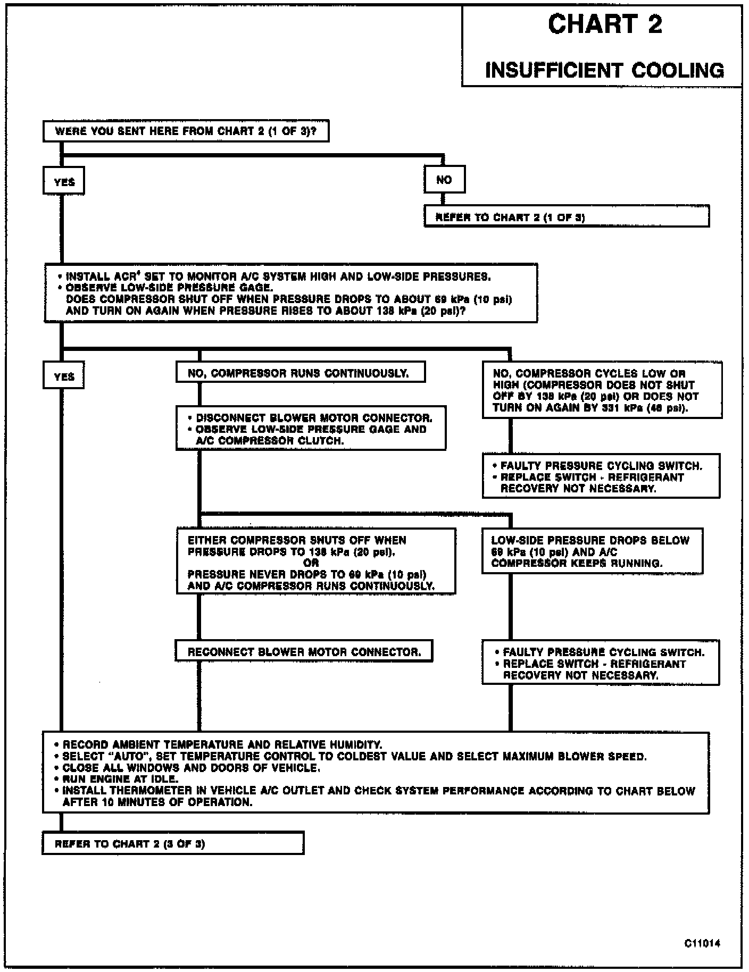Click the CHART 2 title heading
point(605,24)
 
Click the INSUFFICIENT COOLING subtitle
point(604,70)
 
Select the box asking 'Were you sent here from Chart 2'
point(186,131)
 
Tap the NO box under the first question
point(444,180)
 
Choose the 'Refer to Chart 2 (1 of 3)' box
point(566,217)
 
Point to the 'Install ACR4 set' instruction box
point(290,293)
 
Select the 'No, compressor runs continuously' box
point(300,373)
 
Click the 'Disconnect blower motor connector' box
point(311,429)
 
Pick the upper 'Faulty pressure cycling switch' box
point(601,476)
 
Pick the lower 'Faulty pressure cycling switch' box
point(601,663)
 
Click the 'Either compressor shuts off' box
point(316,563)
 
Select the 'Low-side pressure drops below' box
point(592,551)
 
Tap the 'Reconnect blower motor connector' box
point(304,651)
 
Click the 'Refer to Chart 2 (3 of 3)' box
point(173,843)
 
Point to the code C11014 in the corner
point(702,943)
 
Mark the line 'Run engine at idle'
point(120,779)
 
